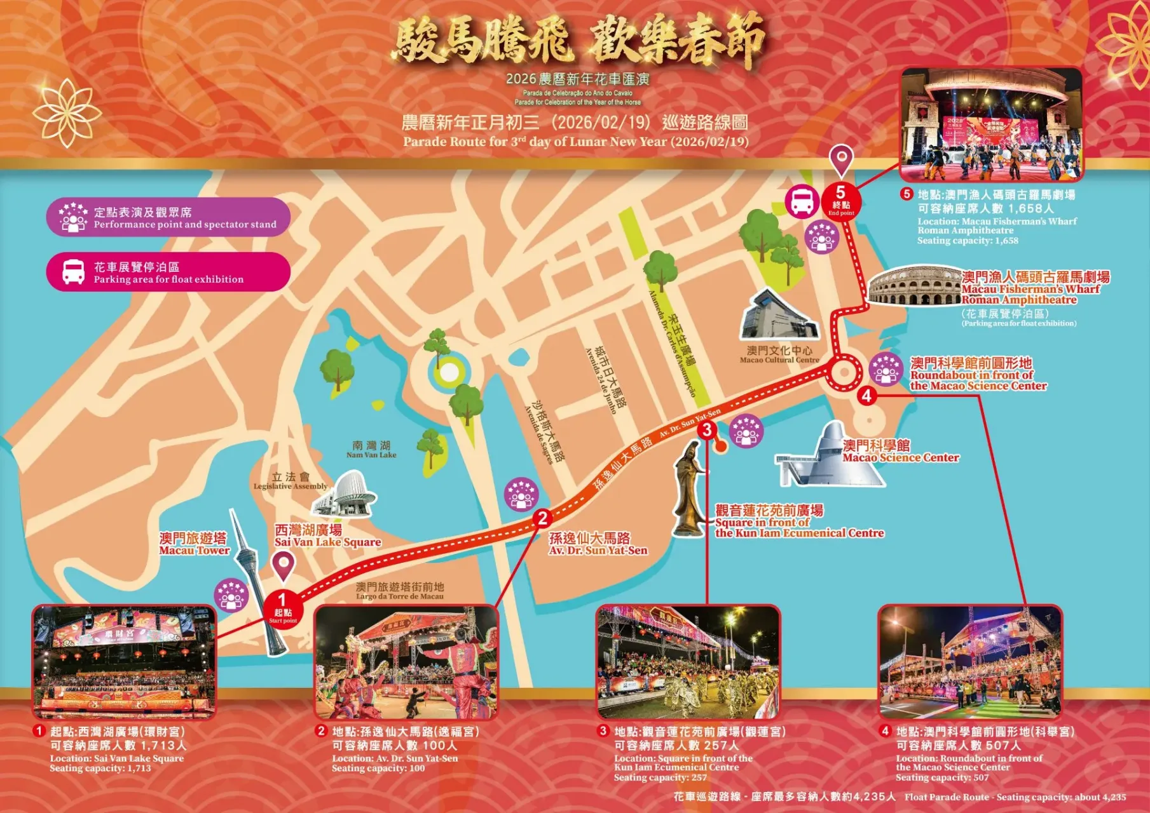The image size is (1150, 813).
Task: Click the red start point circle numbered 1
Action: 282,607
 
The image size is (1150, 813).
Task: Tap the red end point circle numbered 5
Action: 841,199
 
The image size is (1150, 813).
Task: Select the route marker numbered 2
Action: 542,518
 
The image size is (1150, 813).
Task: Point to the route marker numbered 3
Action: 707,430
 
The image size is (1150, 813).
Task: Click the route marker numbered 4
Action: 866,396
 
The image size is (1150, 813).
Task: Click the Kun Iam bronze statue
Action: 689,489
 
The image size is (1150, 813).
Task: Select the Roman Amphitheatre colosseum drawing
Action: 914,287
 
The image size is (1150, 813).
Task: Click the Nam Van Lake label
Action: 371,450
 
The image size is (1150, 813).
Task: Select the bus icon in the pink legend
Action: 73,272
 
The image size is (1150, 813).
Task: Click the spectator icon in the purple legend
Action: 73,217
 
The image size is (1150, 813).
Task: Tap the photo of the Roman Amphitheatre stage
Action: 992,124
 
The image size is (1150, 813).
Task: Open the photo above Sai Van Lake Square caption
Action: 125,662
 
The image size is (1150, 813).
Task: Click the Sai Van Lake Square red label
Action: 327,535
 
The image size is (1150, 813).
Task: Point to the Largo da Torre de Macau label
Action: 400,591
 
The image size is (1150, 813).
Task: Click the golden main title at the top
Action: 578,41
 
